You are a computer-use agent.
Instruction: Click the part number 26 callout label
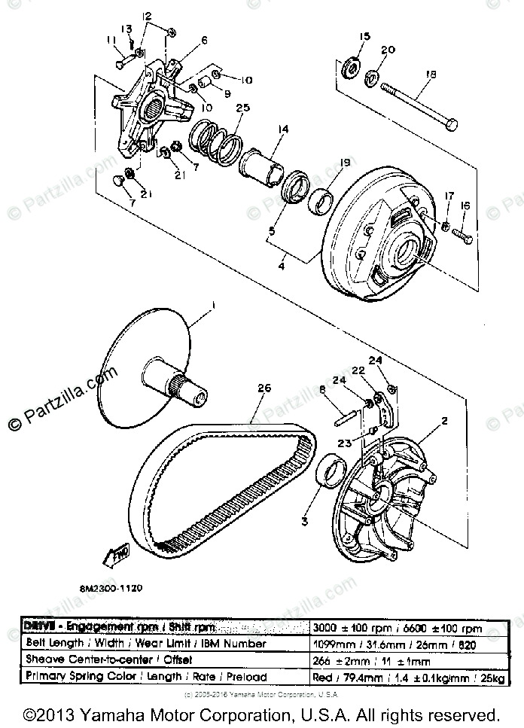pos(262,388)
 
